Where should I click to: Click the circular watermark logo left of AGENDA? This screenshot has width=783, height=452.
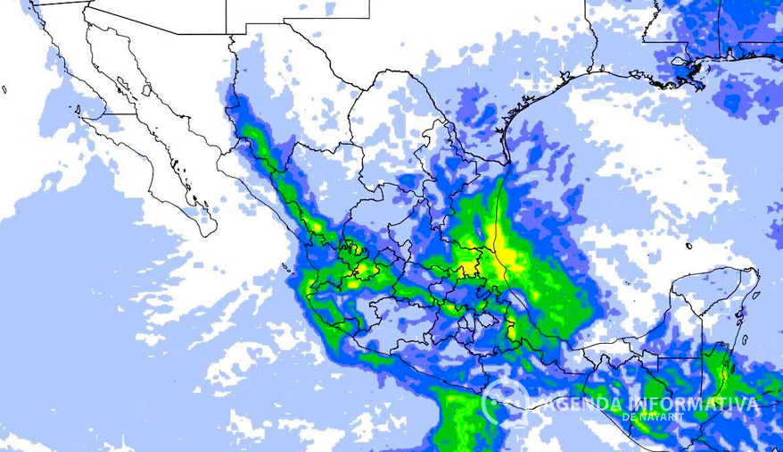[506, 401]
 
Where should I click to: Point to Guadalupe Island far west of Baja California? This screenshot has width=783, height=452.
[4, 89]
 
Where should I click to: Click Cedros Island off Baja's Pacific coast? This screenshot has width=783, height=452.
[78, 111]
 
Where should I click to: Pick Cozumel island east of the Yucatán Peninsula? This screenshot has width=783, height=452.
[746, 314]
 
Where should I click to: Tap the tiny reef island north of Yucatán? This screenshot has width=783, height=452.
[688, 246]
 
